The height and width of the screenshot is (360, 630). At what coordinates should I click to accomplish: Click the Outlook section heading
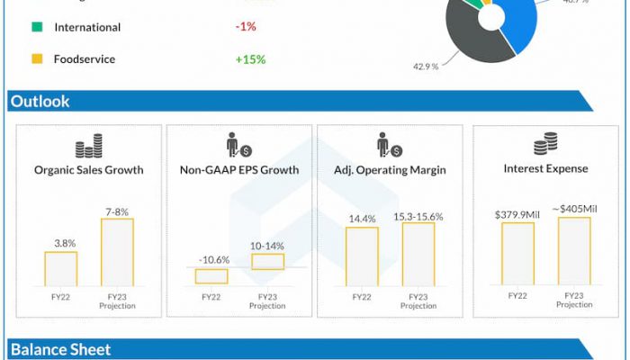click(40, 102)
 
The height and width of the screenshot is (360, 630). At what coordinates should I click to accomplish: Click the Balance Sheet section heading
click(60, 349)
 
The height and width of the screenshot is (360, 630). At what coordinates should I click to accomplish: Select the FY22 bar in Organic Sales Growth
click(61, 268)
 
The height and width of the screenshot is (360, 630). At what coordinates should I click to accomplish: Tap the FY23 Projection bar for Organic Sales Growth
click(117, 252)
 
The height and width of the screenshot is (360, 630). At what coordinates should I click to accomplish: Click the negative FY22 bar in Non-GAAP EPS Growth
click(211, 275)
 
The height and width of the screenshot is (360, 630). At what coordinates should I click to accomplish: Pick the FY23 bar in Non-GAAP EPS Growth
click(267, 261)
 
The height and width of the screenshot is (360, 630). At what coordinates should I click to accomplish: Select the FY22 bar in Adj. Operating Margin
click(362, 256)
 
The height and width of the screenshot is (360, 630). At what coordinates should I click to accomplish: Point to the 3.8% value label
click(61, 243)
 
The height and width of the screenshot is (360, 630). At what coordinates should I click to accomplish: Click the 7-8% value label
click(117, 211)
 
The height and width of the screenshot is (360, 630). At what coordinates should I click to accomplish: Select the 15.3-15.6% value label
click(418, 216)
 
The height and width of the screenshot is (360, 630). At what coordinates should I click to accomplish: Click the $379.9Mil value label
click(517, 215)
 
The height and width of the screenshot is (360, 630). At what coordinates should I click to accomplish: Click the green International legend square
click(36, 27)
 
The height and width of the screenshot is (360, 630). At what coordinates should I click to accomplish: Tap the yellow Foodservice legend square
click(36, 59)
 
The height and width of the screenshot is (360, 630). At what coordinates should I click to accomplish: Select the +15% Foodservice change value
click(250, 59)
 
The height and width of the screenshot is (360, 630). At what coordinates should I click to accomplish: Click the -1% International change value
click(245, 27)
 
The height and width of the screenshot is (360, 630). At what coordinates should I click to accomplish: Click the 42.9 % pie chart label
click(425, 67)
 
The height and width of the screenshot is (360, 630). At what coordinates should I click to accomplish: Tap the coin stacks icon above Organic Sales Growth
click(88, 148)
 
